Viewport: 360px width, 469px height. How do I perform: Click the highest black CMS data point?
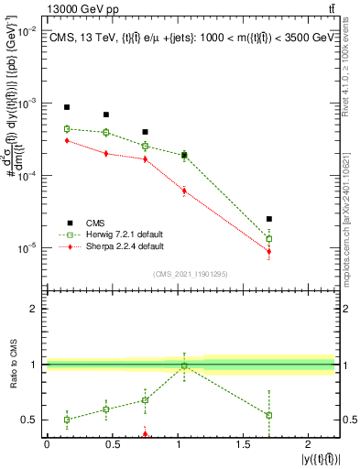click(67, 107)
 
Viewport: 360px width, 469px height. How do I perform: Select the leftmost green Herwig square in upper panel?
click(67, 129)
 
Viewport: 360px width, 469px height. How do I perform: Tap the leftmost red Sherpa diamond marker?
click(67, 141)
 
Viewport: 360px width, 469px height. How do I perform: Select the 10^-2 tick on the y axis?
click(28, 31)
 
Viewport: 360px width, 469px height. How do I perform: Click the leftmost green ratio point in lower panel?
click(67, 420)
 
